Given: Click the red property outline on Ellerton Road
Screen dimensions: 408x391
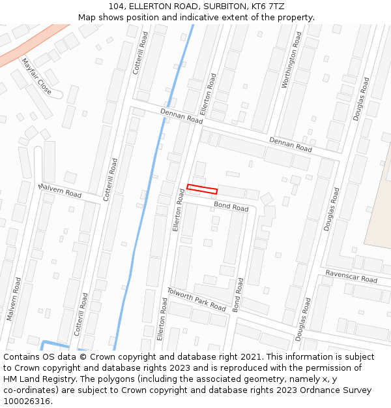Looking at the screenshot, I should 202,189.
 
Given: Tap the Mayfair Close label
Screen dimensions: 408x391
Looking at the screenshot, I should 36,76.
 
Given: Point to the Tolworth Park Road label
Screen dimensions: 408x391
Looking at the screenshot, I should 196,299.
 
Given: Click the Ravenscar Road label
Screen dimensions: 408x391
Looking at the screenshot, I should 351,276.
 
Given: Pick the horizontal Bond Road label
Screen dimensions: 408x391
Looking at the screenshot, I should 231,207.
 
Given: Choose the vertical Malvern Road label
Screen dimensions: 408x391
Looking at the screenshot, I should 14,298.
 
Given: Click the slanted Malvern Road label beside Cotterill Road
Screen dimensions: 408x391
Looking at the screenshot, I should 60,191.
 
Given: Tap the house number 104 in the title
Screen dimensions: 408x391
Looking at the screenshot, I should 117,6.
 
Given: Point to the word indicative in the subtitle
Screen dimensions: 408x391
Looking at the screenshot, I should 213,17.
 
